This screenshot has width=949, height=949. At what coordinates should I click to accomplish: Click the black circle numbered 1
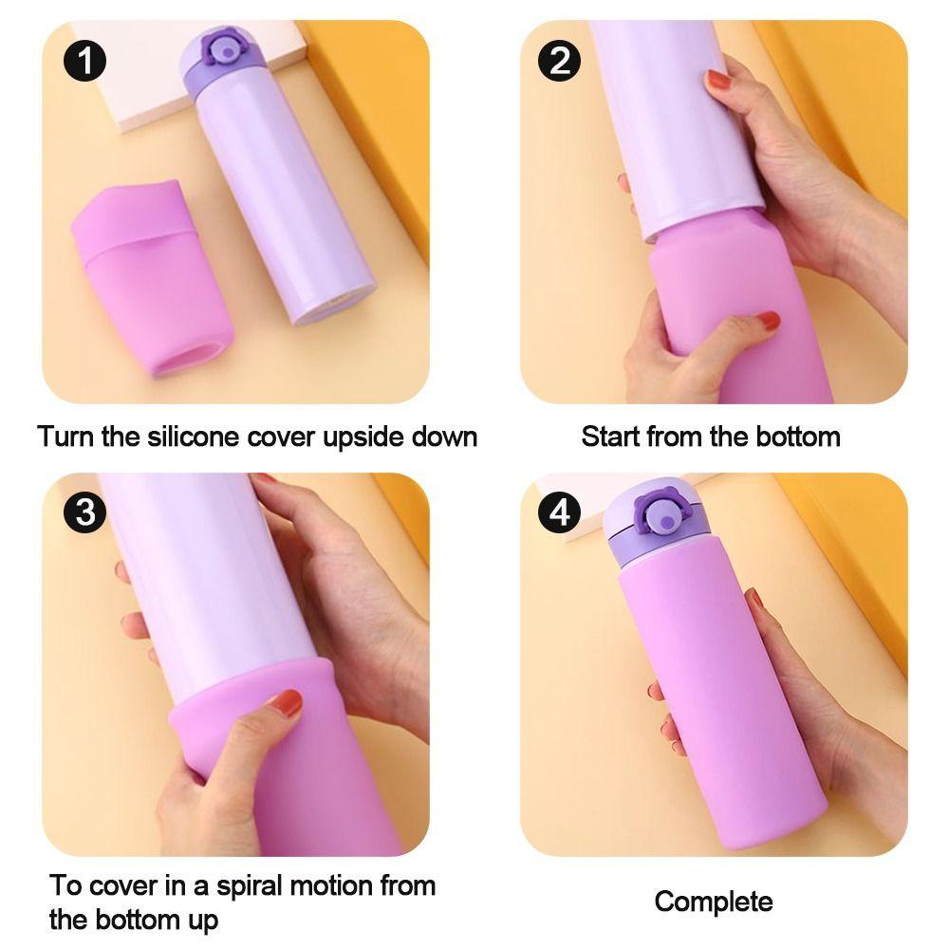84,61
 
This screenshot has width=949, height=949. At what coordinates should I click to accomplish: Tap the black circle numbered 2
559,61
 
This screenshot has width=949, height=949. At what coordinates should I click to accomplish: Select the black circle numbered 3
84,512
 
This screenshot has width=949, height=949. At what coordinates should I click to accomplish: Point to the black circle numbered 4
559,512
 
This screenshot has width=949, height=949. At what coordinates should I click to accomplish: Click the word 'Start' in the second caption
610,437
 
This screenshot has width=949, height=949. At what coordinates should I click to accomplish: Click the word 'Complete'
714,902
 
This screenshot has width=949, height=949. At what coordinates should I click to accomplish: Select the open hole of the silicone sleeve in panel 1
189,357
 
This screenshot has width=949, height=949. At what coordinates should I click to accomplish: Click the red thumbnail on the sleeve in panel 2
769,320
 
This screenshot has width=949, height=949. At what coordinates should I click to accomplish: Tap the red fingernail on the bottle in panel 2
719,80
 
